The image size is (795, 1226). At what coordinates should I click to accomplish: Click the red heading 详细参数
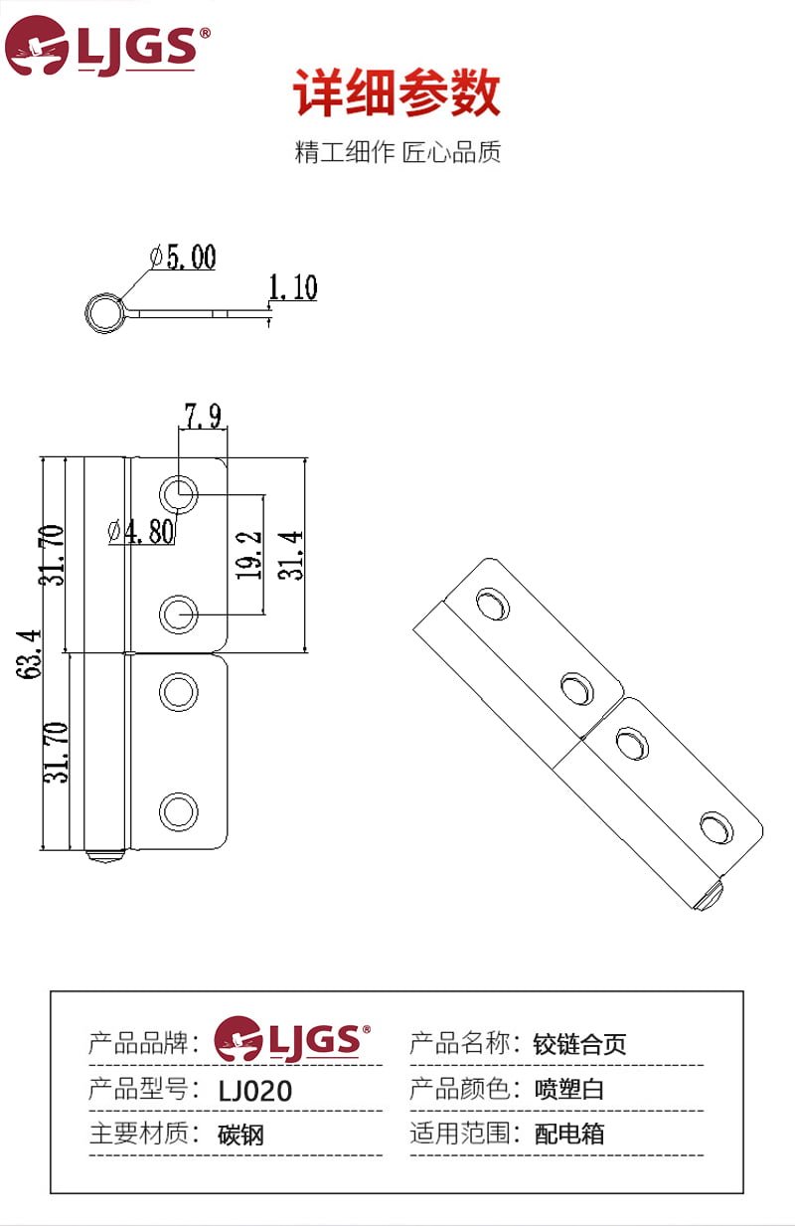click(397, 94)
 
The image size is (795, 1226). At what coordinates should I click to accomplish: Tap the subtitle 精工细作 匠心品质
click(397, 152)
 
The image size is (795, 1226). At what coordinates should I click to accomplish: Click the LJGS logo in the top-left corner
click(107, 46)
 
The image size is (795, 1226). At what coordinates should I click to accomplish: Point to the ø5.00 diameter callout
click(183, 258)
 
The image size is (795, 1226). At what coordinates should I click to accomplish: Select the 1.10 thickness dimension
click(292, 287)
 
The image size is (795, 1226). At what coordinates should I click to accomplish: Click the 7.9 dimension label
click(203, 416)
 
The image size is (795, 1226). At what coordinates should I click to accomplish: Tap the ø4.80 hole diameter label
click(141, 531)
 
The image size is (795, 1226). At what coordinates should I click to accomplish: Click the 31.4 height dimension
click(290, 555)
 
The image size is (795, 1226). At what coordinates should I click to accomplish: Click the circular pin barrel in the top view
click(102, 313)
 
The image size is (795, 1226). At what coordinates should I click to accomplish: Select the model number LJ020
click(255, 1091)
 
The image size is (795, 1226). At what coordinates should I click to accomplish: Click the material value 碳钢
click(241, 1135)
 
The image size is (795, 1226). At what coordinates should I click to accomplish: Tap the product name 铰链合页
click(580, 1044)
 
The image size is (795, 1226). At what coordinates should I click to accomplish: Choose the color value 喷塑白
click(569, 1089)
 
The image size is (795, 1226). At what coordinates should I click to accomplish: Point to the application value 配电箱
click(569, 1134)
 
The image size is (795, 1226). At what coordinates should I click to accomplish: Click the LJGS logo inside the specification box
click(292, 1040)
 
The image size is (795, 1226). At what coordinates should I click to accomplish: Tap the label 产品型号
click(138, 1089)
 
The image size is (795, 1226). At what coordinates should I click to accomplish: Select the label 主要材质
click(138, 1134)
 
